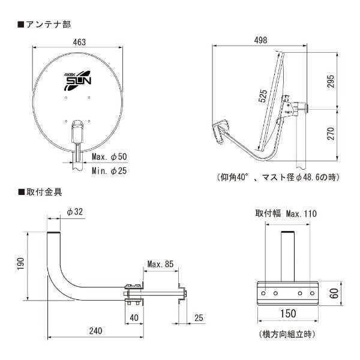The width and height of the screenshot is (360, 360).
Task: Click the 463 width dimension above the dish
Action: click(x=80, y=42)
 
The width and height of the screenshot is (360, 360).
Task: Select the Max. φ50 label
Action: click(x=110, y=157)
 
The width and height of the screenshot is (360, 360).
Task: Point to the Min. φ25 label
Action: click(x=110, y=171)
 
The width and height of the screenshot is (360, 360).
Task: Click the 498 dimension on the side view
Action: click(x=260, y=41)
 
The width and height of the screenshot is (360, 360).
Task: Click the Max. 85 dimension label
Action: click(x=160, y=264)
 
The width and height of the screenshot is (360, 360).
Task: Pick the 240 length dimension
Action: click(x=95, y=331)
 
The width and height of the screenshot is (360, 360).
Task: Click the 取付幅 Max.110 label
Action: click(x=284, y=213)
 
